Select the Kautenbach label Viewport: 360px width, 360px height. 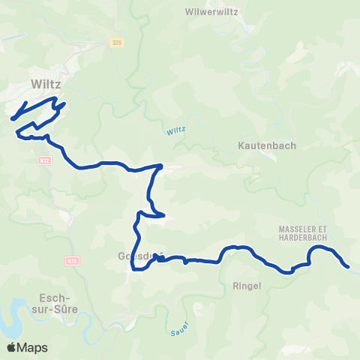tap(267, 145)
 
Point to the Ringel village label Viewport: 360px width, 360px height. tap(247, 286)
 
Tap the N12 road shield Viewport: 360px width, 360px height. tap(44, 160)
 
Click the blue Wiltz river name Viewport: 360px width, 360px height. tap(175, 131)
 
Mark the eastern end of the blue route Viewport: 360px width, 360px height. tap(347, 266)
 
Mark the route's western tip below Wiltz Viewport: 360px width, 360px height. tap(13, 118)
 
